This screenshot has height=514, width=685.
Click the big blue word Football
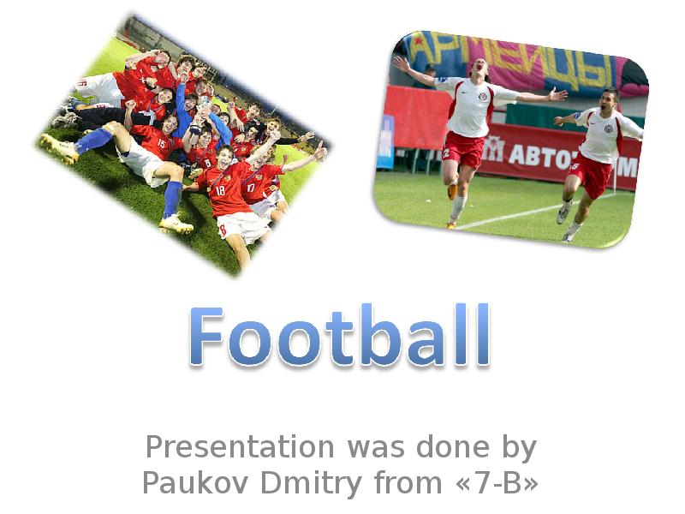click(x=340, y=337)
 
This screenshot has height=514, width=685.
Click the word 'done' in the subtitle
click(x=451, y=447)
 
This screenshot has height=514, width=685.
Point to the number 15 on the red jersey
click(x=161, y=143)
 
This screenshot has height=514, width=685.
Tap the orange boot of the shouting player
click(x=452, y=190)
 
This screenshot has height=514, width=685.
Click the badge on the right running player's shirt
click(x=607, y=128)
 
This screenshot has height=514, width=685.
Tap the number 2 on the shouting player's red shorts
click(x=447, y=152)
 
